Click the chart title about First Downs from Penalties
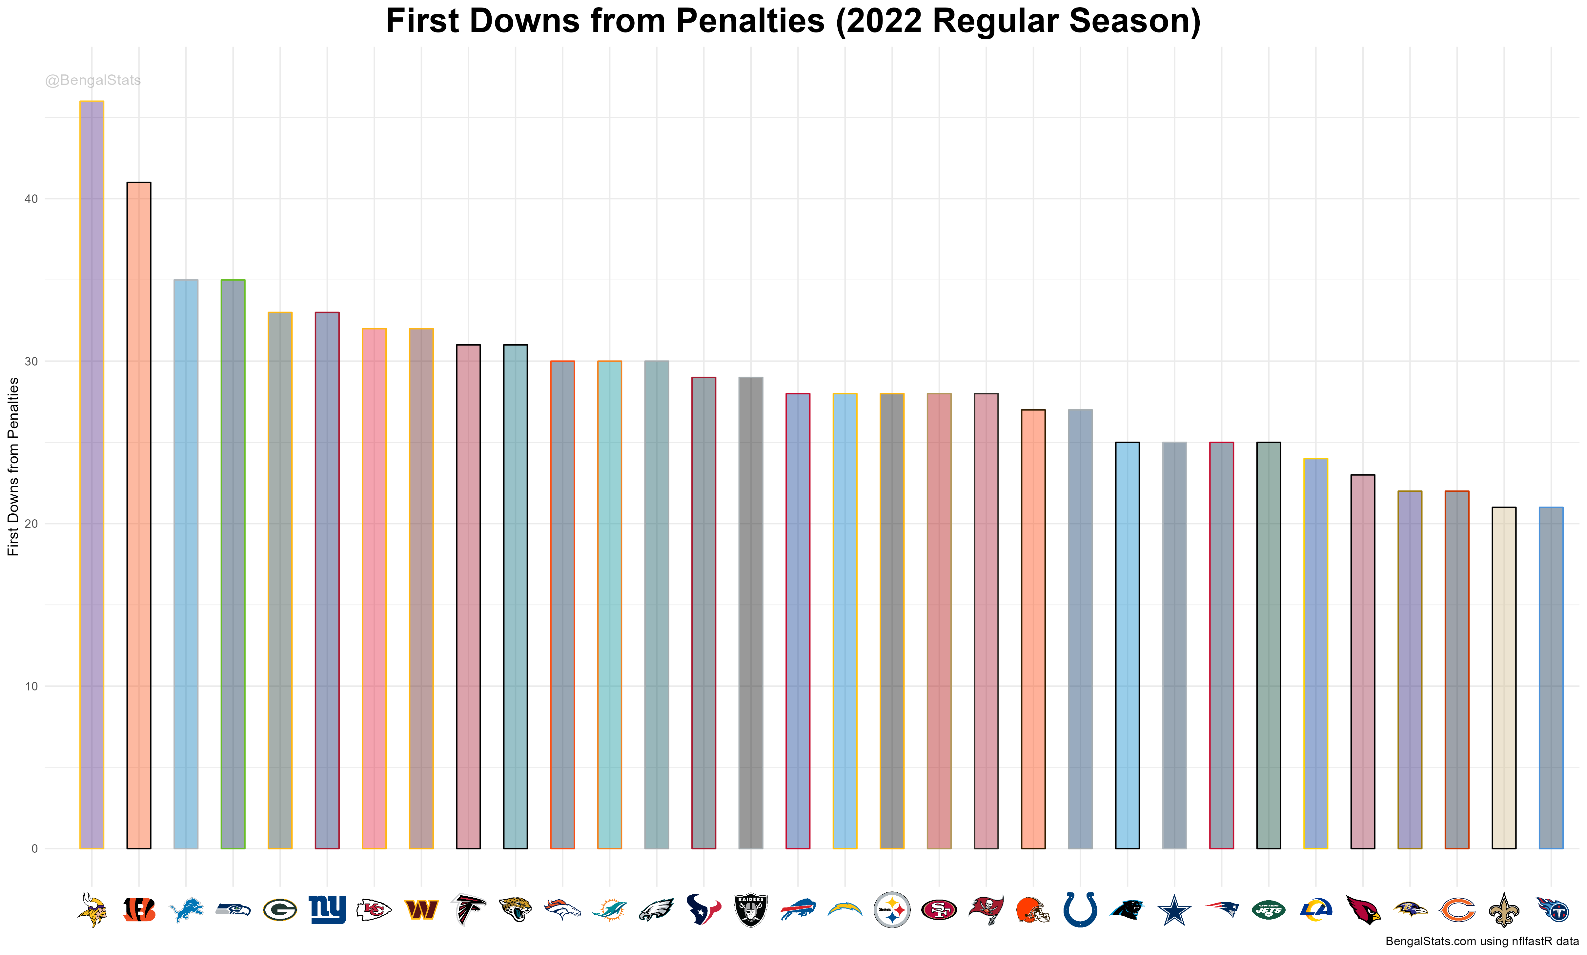(x=793, y=21)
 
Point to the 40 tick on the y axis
(x=31, y=199)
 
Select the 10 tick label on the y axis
(x=31, y=686)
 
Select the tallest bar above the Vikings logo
(x=92, y=474)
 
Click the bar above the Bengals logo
(x=139, y=515)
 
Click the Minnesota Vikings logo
(x=92, y=909)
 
